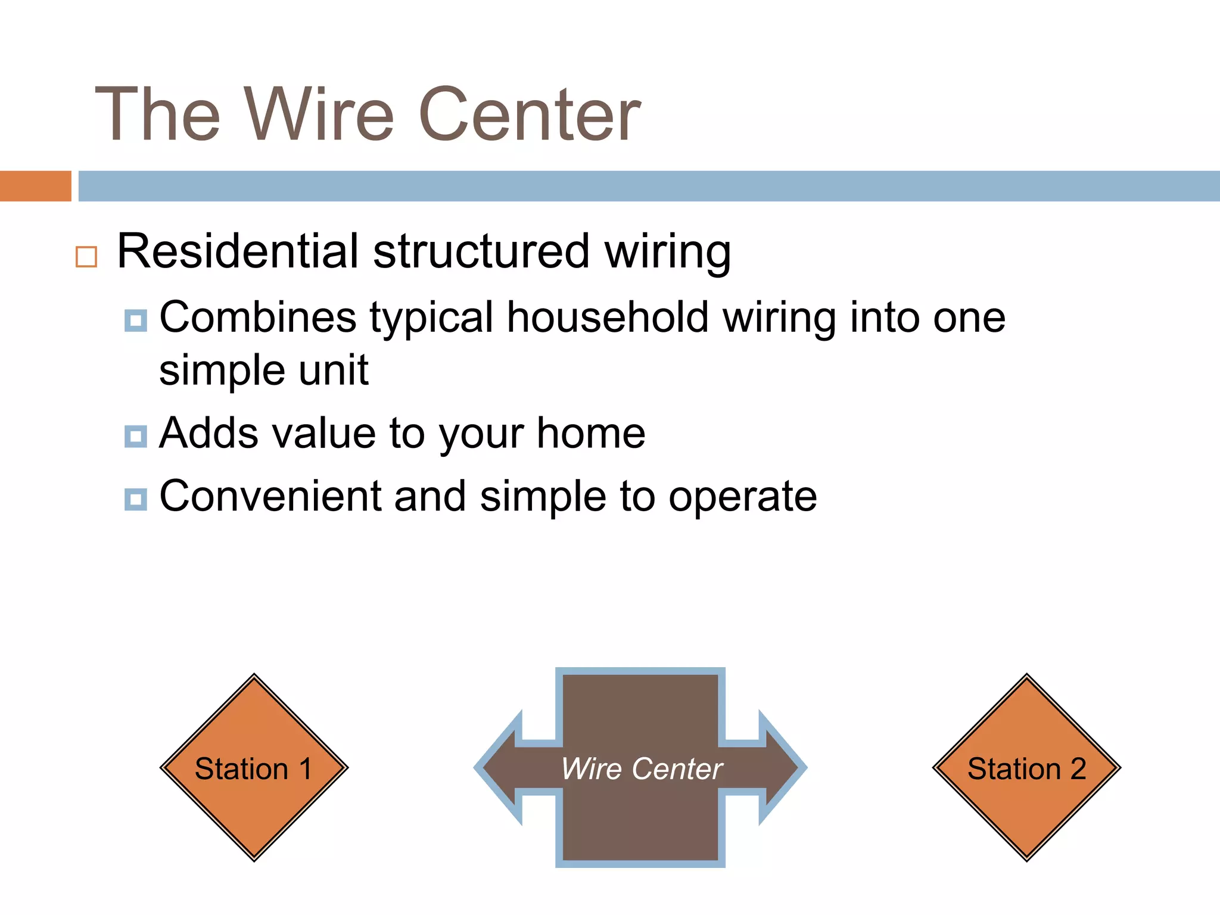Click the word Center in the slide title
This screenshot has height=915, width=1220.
click(x=530, y=114)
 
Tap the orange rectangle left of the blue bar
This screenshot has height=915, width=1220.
click(x=35, y=186)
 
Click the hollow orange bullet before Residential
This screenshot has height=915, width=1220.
click(x=86, y=257)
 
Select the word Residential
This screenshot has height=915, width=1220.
click(x=237, y=251)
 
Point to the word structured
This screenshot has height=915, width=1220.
click(x=481, y=251)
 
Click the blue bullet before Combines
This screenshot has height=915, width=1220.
click(x=136, y=320)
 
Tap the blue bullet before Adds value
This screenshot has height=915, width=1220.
click(x=136, y=436)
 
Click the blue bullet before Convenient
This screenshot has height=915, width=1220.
click(x=136, y=499)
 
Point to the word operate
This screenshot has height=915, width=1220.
click(x=742, y=497)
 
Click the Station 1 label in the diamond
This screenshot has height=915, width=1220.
click(x=254, y=768)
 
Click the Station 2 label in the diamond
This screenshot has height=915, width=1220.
click(x=1026, y=768)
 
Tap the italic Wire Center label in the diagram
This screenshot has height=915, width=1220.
click(x=642, y=768)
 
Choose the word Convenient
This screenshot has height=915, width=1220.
click(x=270, y=496)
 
